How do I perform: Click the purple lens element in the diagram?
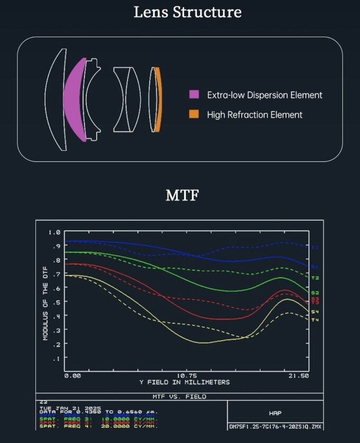click(x=74, y=100)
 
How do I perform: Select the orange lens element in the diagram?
click(x=156, y=100)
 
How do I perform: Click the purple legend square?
click(x=194, y=95)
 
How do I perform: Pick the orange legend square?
click(x=194, y=114)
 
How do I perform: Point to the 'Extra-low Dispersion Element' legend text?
click(x=264, y=95)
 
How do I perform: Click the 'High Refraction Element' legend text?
click(x=255, y=114)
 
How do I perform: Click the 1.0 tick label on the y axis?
click(x=55, y=232)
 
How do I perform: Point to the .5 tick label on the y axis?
click(x=57, y=302)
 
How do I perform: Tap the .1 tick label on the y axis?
click(x=57, y=358)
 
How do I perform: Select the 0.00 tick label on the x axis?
click(x=73, y=375)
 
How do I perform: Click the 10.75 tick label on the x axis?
click(x=187, y=375)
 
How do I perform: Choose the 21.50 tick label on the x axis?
click(x=299, y=375)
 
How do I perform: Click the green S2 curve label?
click(x=315, y=293)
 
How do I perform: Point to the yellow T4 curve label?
click(x=315, y=320)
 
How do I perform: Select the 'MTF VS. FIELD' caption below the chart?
click(x=180, y=396)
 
